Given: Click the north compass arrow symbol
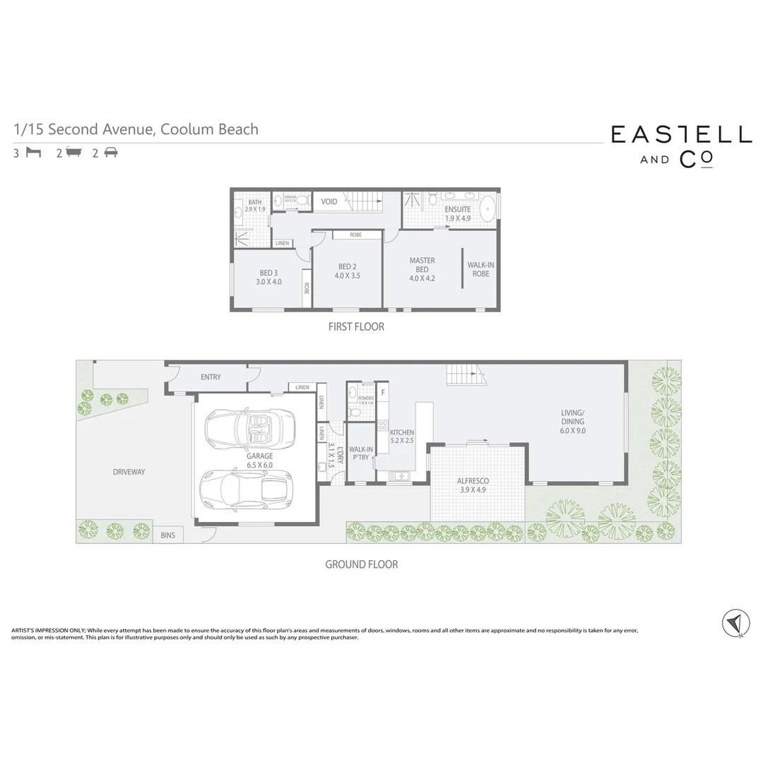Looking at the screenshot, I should coord(735,622).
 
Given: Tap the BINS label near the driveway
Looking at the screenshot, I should coord(167,536).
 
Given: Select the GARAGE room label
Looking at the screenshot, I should coord(260,456).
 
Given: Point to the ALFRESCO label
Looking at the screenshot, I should coord(473,481).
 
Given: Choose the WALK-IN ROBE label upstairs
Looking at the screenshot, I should coord(481,269).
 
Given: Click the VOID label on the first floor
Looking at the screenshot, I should coord(329,202).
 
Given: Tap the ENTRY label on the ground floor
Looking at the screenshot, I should coord(211,377).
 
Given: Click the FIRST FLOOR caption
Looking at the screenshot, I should coord(356,327).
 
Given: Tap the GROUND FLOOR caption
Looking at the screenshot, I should coord(361,564).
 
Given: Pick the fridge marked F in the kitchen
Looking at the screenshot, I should coord(383,391).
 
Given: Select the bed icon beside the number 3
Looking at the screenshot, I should coord(33,153).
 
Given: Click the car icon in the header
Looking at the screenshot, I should coord(111,153).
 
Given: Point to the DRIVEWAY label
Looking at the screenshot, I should coord(129,472).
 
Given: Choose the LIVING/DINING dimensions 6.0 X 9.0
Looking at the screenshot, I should coord(572,431).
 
